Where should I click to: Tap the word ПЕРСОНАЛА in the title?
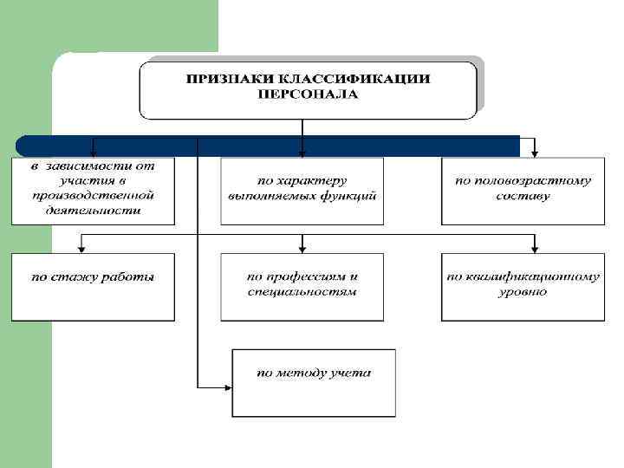tap(307, 93)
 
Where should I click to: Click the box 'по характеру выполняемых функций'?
tap(302, 190)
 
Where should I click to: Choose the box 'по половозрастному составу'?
tap(523, 190)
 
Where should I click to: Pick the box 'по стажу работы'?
tap(93, 286)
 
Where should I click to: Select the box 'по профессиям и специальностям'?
tap(302, 286)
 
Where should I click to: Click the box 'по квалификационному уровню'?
tap(523, 286)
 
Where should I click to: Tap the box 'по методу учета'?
tap(314, 382)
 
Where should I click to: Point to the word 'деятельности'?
tap(94, 210)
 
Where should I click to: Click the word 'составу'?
tap(523, 197)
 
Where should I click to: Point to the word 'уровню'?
tap(523, 293)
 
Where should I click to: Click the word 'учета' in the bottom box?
tap(350, 374)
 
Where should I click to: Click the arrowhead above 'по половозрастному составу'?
tap(535, 153)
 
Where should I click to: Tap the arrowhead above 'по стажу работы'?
tap(81, 248)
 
